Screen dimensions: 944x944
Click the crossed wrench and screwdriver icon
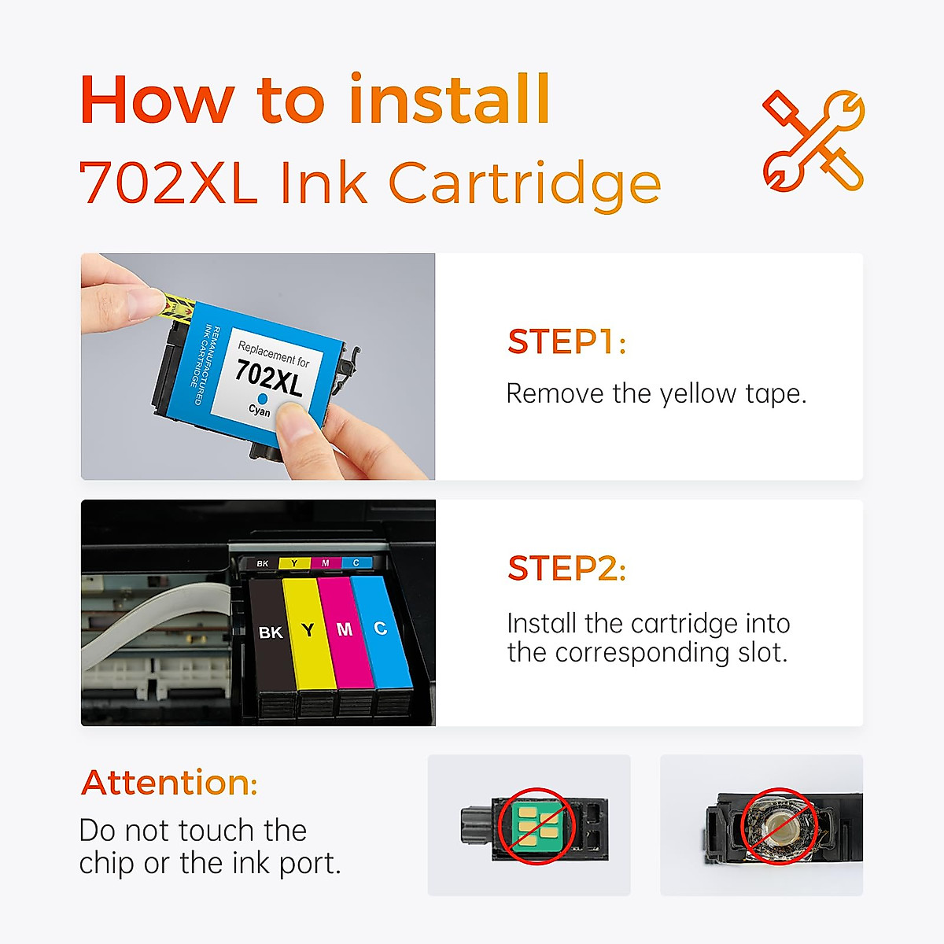(x=813, y=142)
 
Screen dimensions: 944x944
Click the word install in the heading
(x=448, y=100)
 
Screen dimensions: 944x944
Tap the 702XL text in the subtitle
(x=168, y=183)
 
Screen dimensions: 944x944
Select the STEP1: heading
(x=566, y=342)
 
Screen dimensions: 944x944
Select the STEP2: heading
(x=566, y=569)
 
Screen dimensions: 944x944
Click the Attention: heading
(x=169, y=783)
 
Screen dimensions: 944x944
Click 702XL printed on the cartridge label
(x=269, y=377)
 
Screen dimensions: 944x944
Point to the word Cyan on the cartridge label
(x=259, y=411)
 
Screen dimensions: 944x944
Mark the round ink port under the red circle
(x=780, y=827)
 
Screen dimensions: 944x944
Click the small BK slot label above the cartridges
(x=263, y=563)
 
